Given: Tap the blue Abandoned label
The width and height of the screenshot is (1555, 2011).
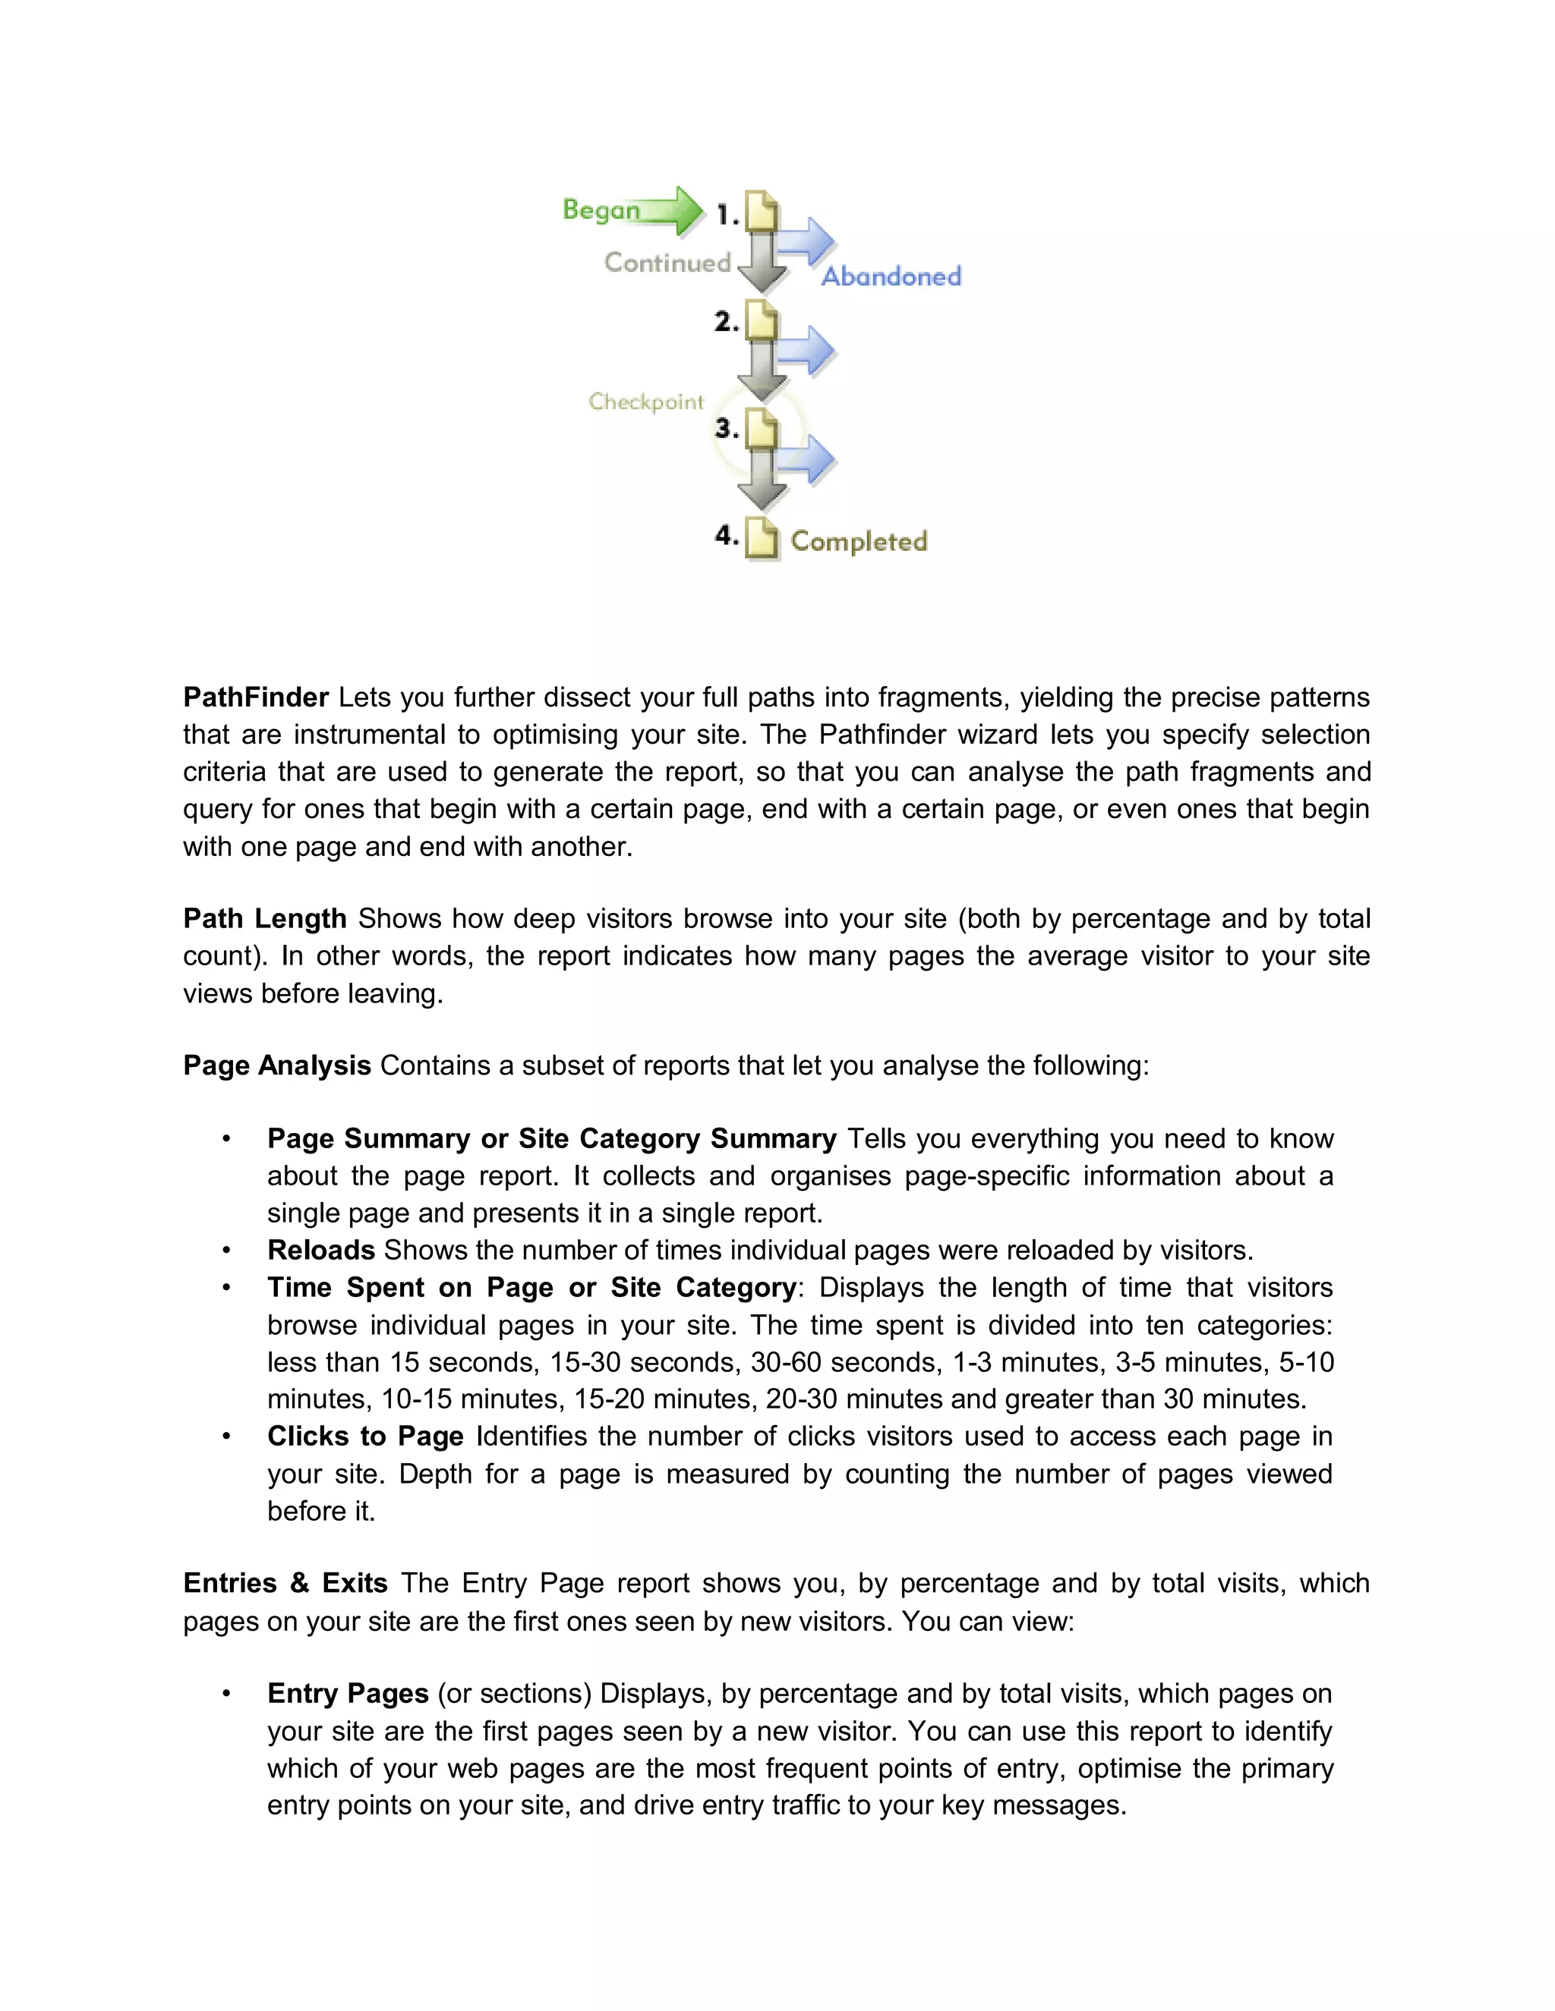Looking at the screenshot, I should click(891, 276).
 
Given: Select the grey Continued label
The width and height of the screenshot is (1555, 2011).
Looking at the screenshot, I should click(667, 263).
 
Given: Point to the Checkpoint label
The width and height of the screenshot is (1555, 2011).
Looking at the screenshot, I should click(646, 401).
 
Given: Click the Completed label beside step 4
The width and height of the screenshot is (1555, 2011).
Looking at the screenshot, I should click(859, 541).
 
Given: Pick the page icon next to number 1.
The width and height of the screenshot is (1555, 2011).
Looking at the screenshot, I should click(762, 211).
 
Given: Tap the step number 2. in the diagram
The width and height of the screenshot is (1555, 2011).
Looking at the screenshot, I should click(727, 323).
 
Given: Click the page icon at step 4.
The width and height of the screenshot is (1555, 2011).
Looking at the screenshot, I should click(762, 538).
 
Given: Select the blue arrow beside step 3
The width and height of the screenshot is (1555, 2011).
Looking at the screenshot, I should click(807, 458).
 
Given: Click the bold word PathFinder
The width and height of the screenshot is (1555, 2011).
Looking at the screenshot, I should click(255, 697).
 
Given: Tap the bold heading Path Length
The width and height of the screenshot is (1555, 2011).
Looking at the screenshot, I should click(264, 918).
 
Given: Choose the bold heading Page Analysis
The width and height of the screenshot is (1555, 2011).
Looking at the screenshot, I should click(276, 1065).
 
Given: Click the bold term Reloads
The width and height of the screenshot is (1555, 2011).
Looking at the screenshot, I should click(320, 1250).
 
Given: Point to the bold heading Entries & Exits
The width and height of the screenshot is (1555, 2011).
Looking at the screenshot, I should click(285, 1583).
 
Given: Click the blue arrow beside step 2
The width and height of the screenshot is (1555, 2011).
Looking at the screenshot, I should click(807, 350).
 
